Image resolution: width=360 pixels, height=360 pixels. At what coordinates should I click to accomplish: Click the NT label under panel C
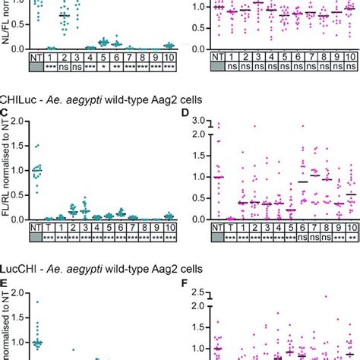(36, 226)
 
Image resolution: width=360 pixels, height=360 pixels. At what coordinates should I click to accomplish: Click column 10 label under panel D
(350, 226)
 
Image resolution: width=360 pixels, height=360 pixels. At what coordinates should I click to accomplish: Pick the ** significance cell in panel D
(350, 237)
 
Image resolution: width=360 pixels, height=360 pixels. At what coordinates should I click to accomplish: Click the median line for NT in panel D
(219, 176)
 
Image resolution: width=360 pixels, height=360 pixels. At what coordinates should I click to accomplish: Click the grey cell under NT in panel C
(36, 237)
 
